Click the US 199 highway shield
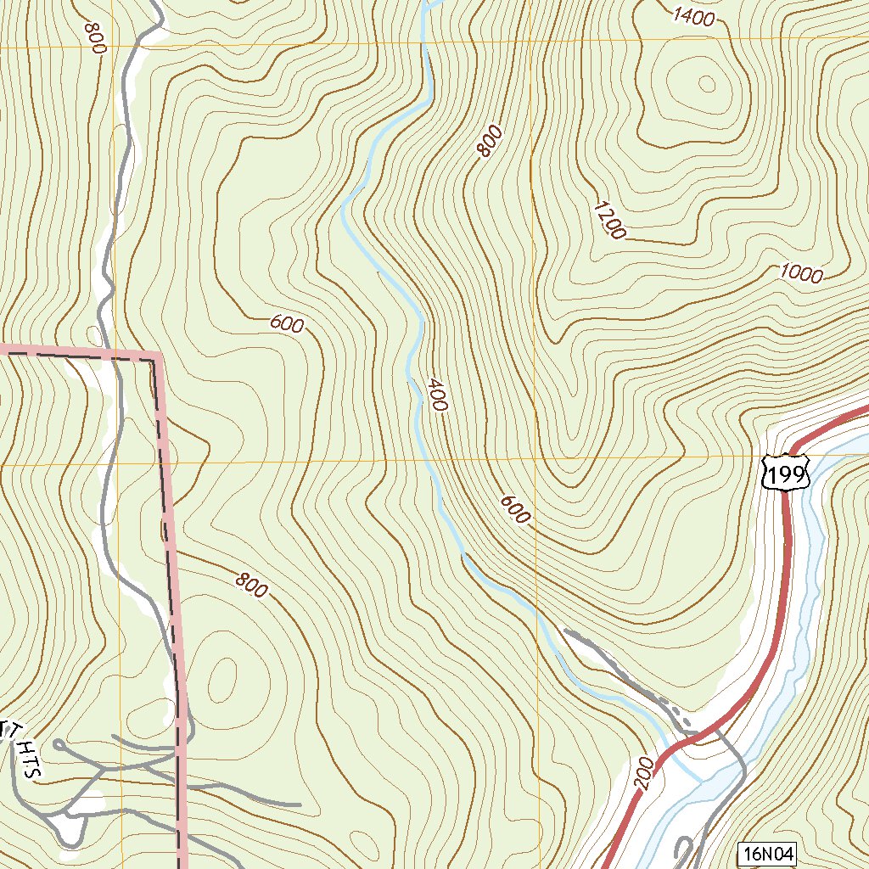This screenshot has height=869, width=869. (x=785, y=473)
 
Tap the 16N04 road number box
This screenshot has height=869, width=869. (x=767, y=855)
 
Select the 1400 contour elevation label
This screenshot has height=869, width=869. (x=693, y=17)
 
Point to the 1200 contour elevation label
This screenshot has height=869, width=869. (x=609, y=220)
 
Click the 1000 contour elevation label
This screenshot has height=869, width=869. (x=801, y=273)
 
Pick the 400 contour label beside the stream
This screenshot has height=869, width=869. (x=436, y=395)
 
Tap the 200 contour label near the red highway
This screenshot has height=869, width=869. (x=642, y=774)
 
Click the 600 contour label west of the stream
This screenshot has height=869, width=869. (x=287, y=323)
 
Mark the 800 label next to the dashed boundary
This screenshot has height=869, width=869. (x=251, y=584)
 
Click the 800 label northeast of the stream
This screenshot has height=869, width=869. (x=490, y=141)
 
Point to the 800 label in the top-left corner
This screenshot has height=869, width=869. (x=93, y=38)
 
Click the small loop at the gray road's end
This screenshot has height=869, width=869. (x=58, y=744)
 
